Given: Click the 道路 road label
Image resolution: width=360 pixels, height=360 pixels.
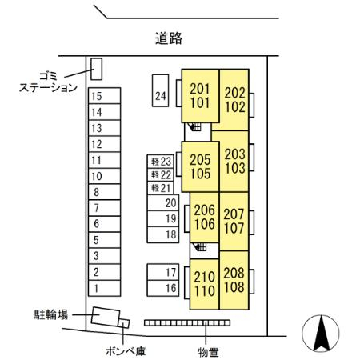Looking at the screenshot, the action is tap(169, 38).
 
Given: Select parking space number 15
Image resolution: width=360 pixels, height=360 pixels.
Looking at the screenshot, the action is tap(105, 96).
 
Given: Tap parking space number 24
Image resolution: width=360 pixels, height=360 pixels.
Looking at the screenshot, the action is tap(160, 90).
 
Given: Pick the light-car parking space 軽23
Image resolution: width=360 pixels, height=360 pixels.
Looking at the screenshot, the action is tap(161, 162).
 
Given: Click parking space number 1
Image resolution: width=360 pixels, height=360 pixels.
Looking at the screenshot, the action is tap(105, 288).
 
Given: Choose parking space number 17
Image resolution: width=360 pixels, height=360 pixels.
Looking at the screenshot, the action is tap(163, 272).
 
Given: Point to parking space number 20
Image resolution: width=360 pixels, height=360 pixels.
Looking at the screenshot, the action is tap(163, 202).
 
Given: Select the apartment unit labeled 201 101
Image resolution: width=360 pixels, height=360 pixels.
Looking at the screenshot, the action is tap(200, 96).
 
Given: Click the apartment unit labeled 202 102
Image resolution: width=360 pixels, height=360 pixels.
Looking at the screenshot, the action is tap(234, 100).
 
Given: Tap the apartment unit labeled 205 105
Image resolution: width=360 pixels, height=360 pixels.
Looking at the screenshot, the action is tap(200, 166).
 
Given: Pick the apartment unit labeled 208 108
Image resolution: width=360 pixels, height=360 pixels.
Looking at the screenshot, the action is tap(234, 280).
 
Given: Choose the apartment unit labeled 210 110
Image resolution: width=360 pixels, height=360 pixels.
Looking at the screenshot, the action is tap(204, 284).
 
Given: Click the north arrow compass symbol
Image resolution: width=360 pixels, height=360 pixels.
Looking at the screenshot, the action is tap(321, 333).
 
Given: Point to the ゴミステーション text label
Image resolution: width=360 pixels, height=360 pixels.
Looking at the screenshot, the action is tap(48, 82).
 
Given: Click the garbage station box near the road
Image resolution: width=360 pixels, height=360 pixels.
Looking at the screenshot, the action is tap(96, 69).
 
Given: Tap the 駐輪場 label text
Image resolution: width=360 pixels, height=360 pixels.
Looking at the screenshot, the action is tap(51, 315).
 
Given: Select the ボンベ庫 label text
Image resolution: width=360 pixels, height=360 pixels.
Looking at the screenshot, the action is tap(126, 351).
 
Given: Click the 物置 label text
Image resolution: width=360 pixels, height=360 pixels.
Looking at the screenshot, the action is tap(208, 352).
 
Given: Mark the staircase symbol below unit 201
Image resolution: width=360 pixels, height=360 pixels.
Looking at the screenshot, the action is tap(194, 126).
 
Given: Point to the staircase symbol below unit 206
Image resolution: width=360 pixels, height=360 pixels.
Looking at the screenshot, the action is tap(200, 247).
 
